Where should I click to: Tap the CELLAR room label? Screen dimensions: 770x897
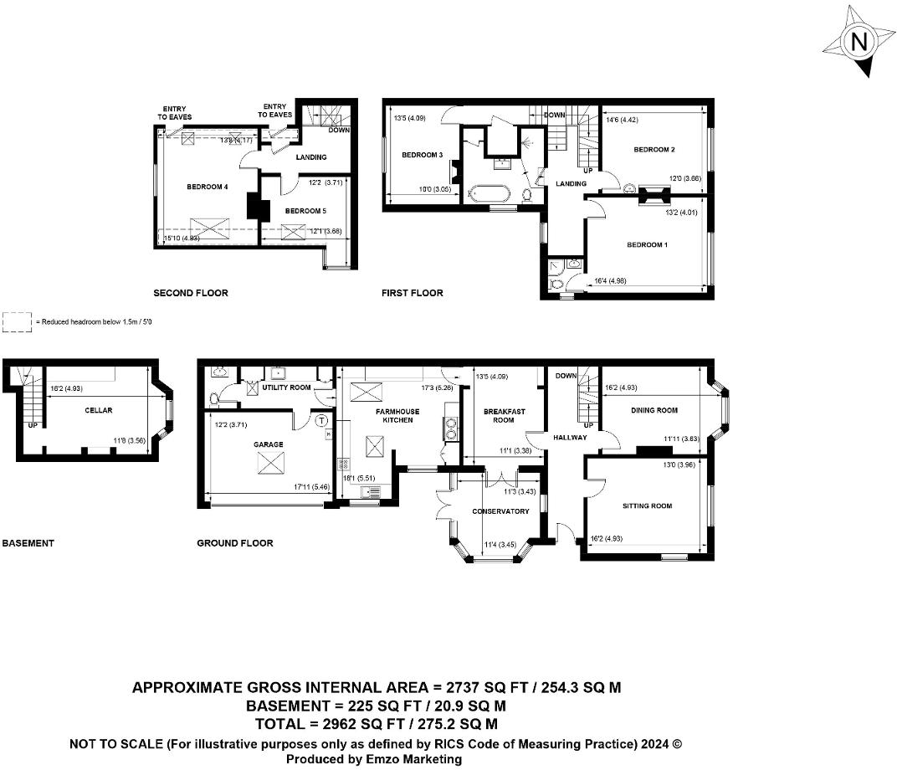coord(99,410)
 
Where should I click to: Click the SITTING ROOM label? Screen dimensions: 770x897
coord(647,506)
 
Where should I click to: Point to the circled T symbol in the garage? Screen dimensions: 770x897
coord(322,422)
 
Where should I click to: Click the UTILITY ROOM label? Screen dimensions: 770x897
coord(286,388)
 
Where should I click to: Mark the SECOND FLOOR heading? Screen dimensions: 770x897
coord(190,293)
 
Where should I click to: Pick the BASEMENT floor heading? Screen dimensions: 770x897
coord(28,543)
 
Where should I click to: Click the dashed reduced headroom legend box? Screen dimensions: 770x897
coord(16,322)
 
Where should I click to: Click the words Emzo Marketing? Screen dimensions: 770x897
coord(412,759)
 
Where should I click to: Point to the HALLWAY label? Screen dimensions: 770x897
coord(569,438)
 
